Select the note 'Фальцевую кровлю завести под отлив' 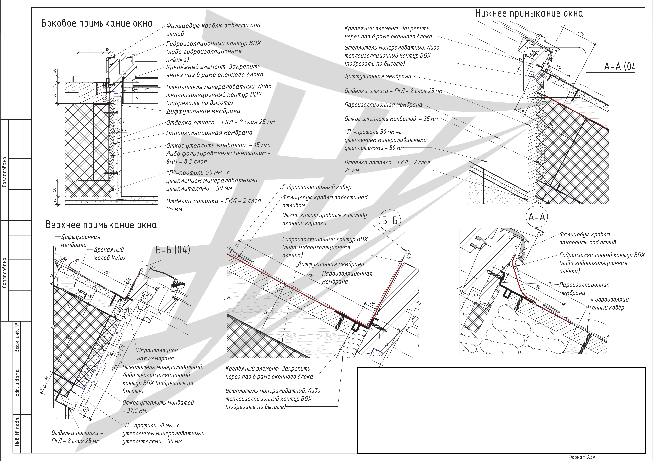click(x=213, y=29)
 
